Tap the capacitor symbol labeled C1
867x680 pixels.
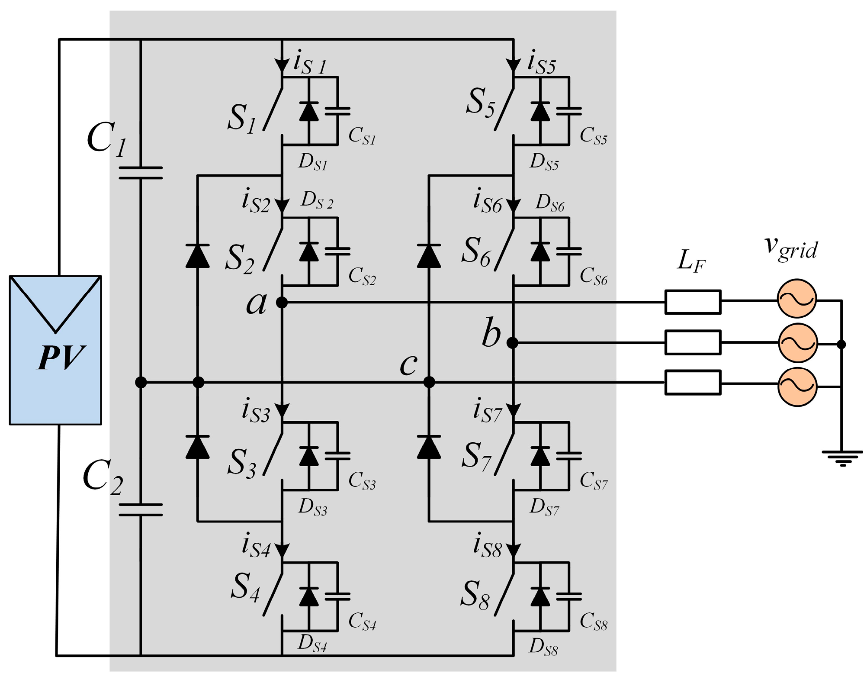(141, 173)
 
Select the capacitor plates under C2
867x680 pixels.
(141, 510)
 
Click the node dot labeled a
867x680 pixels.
(282, 302)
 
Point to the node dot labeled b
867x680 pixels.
(512, 343)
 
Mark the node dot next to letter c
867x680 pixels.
(429, 382)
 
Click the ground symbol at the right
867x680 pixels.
(842, 458)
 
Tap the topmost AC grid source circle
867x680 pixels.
(797, 299)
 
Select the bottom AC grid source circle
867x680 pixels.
(797, 387)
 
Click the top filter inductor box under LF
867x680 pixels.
(693, 302)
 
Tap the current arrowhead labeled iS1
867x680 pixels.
(282, 66)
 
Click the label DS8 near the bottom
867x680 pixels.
(544, 648)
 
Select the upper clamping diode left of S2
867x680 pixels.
(198, 256)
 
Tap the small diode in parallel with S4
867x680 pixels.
(309, 596)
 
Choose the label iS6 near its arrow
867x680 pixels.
(487, 202)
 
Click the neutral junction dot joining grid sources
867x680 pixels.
(841, 345)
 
